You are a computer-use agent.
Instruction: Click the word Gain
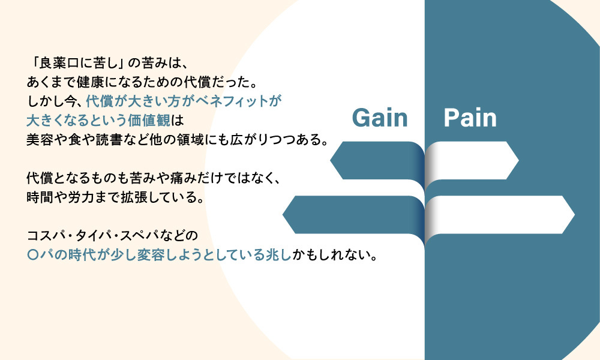point(380,118)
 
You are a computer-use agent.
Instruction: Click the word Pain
point(470,118)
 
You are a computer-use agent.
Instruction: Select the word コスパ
point(47,236)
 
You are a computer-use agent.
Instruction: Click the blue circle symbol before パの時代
point(34,255)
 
